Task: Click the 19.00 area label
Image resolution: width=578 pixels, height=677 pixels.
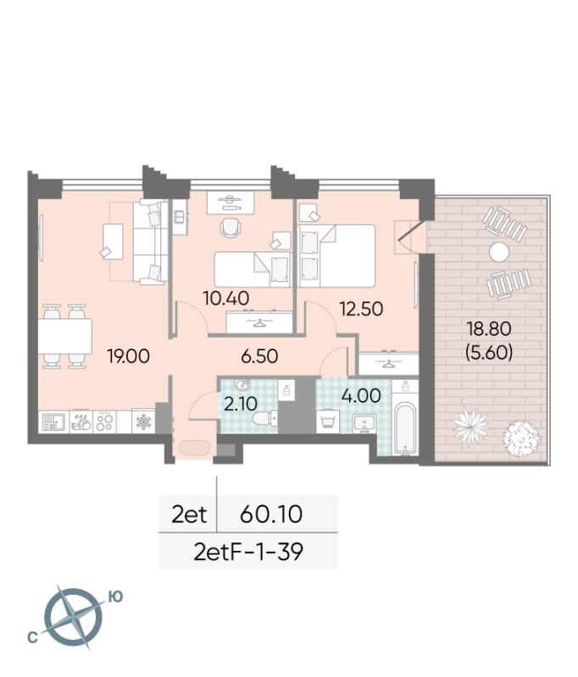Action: click(x=129, y=356)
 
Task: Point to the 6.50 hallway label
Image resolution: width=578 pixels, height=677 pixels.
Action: click(x=258, y=356)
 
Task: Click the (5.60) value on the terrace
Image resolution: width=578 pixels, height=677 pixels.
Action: click(x=489, y=354)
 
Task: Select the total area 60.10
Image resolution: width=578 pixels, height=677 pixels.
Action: click(x=272, y=513)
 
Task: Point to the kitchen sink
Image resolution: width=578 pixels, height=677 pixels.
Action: click(x=53, y=421)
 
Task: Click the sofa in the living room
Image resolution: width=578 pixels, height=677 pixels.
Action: click(x=148, y=242)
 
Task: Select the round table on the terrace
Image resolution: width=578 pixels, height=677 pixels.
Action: click(x=499, y=251)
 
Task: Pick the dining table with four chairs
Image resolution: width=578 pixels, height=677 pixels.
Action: click(x=66, y=336)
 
